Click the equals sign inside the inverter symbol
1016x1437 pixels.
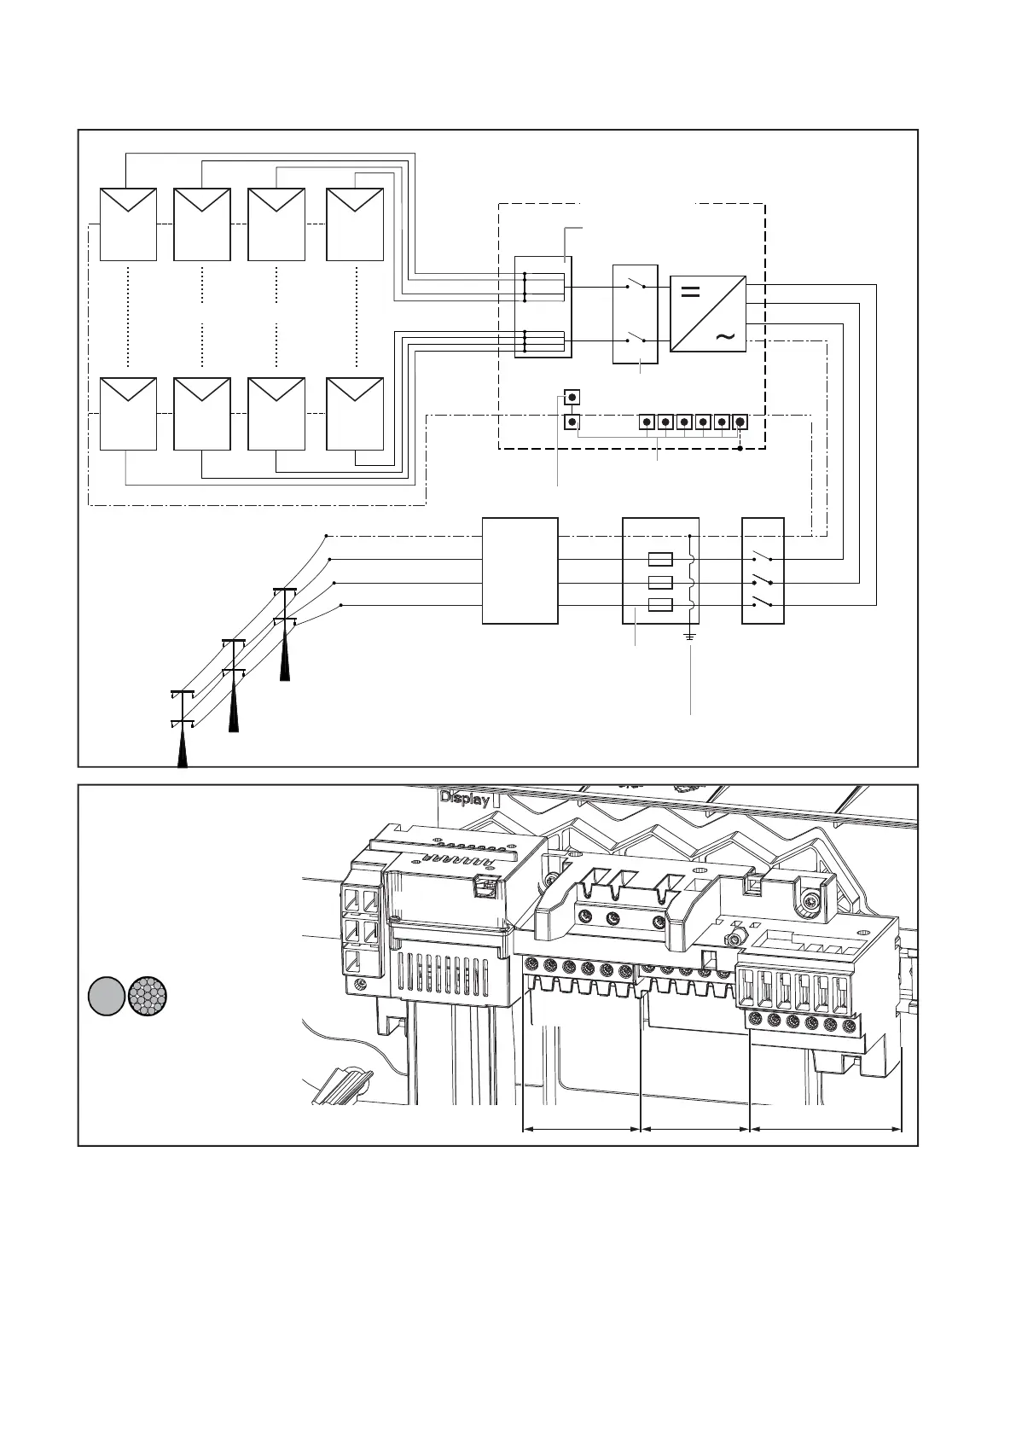click(691, 293)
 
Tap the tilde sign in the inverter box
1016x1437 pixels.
click(724, 337)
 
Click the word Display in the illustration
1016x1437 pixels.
click(465, 799)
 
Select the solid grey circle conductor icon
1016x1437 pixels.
click(106, 996)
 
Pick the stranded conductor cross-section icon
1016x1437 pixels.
click(147, 996)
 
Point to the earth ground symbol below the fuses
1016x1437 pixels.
click(690, 637)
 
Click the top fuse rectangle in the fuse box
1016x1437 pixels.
click(661, 560)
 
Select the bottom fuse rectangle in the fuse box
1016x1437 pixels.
click(661, 606)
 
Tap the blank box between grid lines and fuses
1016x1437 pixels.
click(520, 570)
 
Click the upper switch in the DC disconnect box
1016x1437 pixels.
click(635, 286)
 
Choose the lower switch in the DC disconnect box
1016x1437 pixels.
click(635, 338)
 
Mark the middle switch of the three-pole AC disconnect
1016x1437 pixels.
click(763, 581)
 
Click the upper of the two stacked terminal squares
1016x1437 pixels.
click(572, 398)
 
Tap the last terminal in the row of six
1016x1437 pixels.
click(740, 422)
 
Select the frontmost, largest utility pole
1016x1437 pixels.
click(182, 725)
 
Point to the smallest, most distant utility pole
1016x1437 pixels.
click(284, 631)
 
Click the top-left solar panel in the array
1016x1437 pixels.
click(128, 224)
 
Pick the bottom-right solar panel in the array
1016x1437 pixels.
click(355, 413)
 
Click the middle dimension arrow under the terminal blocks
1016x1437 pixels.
click(694, 1130)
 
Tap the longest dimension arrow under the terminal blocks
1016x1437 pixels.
click(825, 1130)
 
